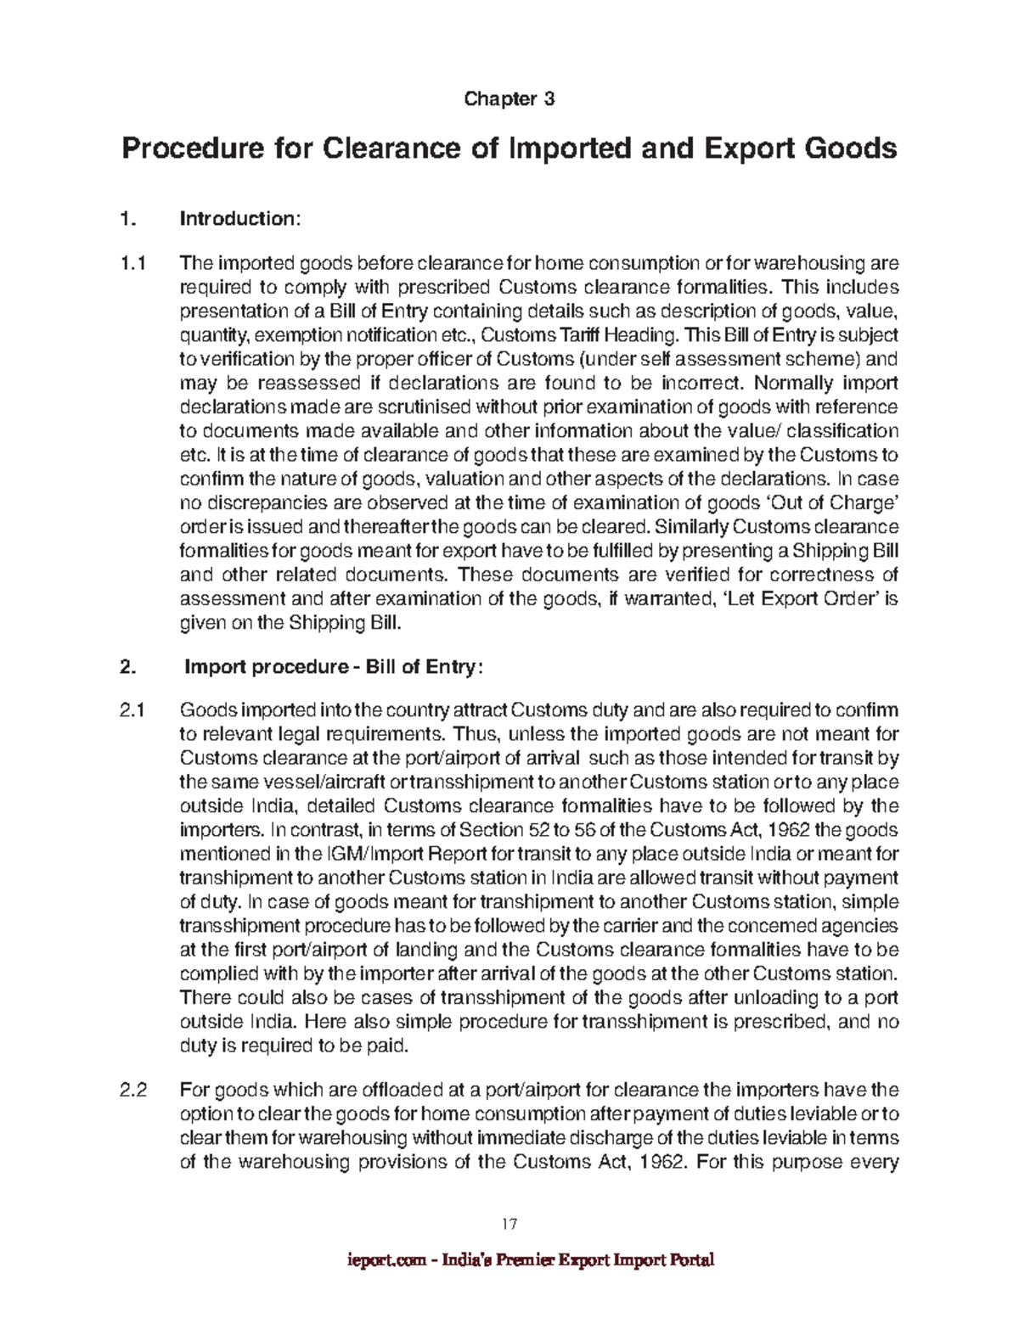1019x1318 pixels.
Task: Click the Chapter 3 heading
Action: click(x=509, y=99)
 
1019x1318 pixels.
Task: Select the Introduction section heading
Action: click(x=239, y=219)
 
